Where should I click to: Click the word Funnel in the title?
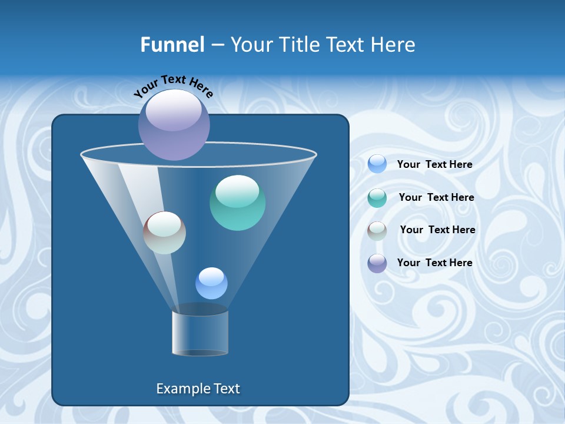tap(172, 45)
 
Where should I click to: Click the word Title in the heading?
tap(298, 45)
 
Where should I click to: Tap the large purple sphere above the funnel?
tap(174, 124)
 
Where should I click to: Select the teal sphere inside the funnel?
tap(237, 203)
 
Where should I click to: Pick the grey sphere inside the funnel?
tap(165, 233)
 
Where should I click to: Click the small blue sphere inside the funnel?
tap(211, 283)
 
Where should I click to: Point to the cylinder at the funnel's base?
tap(200, 333)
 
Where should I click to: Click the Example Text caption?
tap(198, 389)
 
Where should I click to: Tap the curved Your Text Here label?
tap(173, 86)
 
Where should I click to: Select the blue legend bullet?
tap(377, 164)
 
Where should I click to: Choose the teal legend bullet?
tap(377, 198)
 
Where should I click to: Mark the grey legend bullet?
tap(377, 231)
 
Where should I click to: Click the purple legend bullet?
tap(377, 263)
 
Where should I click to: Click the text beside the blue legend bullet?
tap(434, 165)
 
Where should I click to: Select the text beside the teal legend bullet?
tap(436, 198)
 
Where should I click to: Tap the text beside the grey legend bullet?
tap(437, 230)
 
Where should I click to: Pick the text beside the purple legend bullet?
tap(434, 263)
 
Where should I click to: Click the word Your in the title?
tap(250, 45)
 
